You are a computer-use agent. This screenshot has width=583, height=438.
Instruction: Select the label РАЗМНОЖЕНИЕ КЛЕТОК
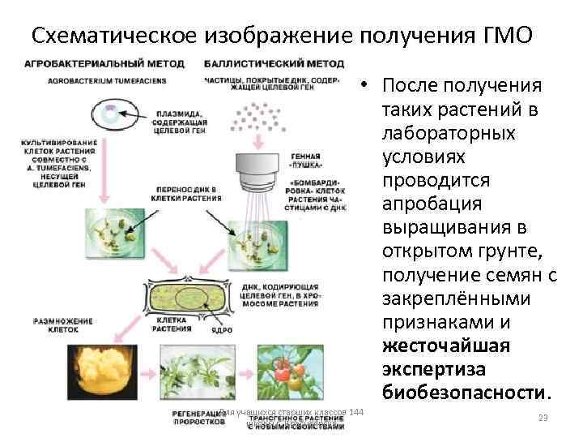pyautogui.click(x=62, y=325)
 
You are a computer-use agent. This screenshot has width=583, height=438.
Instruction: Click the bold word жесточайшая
pyautogui.click(x=439, y=346)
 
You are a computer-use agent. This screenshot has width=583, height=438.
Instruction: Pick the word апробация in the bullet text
pyautogui.click(x=432, y=204)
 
